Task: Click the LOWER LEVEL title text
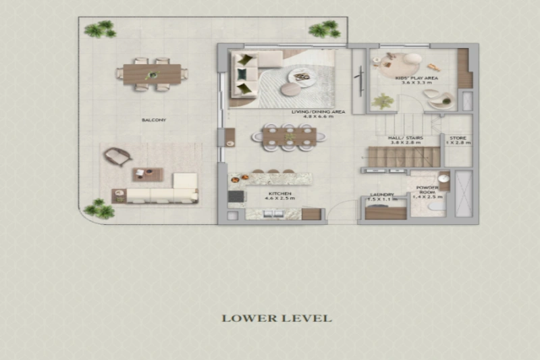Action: (277, 317)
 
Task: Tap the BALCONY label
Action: (154, 120)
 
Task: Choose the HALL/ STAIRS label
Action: (404, 138)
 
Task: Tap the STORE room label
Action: (458, 138)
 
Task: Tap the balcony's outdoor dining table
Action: (152, 74)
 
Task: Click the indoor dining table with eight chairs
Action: (289, 135)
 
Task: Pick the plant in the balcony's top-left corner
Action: (100, 28)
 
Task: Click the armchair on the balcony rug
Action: (117, 157)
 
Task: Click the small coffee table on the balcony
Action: (147, 174)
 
